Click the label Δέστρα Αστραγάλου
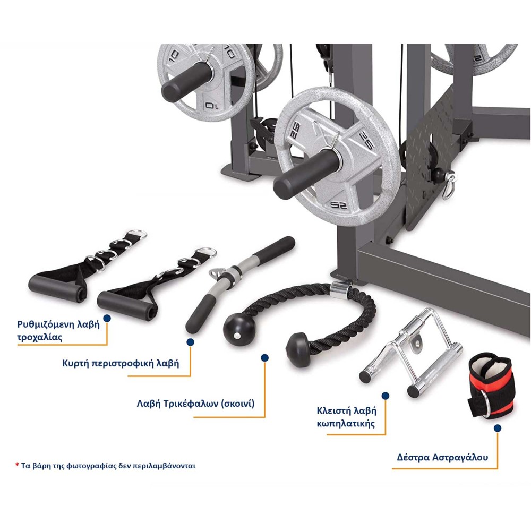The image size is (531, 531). pos(442,458)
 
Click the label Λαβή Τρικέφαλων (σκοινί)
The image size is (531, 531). pos(195,404)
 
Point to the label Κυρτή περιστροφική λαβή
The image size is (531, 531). pos(121,363)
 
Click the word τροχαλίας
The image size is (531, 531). pos(40,337)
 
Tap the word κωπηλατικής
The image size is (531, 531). pos(346,424)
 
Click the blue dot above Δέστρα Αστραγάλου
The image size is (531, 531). pos(497,429)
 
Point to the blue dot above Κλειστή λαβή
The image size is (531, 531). pos(386,396)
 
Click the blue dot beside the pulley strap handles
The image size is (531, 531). pos(107,318)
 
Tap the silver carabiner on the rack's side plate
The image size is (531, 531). pos(448,185)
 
